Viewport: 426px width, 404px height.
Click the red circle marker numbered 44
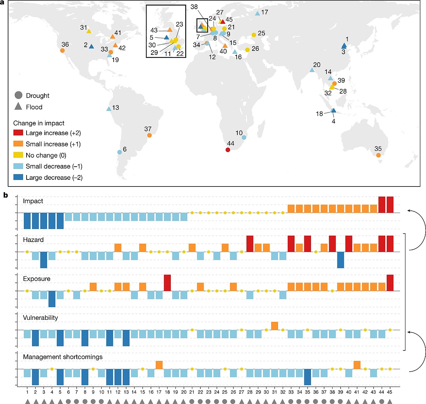coord(228,150)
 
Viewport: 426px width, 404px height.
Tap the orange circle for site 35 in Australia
coord(379,155)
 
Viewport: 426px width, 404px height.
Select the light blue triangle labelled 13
coord(109,109)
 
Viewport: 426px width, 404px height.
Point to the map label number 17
coord(265,12)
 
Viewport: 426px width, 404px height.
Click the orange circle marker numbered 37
coord(149,135)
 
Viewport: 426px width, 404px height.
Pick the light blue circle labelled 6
coord(119,152)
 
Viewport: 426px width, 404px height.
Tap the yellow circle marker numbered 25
coord(254,35)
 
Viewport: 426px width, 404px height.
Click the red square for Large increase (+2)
coord(18,133)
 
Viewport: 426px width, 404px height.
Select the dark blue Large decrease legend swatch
coord(18,177)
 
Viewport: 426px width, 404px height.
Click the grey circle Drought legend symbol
coord(18,95)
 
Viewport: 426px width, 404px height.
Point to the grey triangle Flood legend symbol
coord(18,107)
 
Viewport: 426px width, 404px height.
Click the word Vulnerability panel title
coord(40,317)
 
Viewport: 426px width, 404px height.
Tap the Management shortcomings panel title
coord(63,357)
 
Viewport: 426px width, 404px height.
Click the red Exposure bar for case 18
coord(167,283)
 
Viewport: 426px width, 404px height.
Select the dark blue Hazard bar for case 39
coord(341,260)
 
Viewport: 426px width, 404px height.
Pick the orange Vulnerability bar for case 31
coord(275,326)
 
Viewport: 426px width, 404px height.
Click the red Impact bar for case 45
coord(390,205)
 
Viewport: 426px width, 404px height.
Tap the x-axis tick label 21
coord(192,392)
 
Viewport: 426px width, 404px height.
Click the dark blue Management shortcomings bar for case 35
coord(307,377)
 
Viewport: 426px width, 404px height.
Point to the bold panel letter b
coord(6,195)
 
